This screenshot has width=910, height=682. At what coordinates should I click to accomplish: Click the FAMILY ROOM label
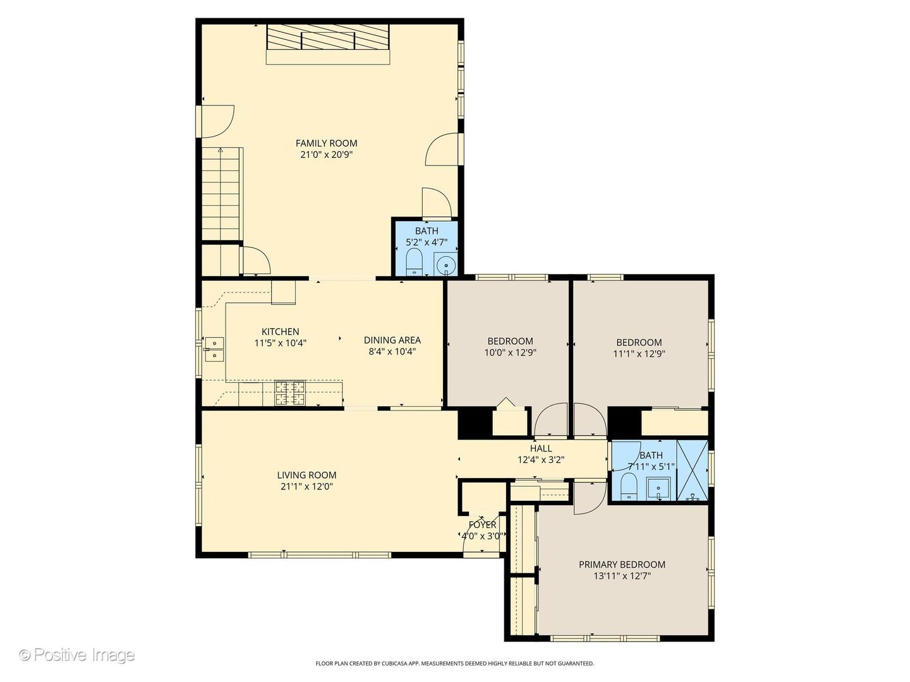326,143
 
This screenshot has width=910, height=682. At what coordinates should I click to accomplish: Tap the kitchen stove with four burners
290,393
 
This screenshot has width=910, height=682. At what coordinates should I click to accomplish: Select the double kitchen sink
214,349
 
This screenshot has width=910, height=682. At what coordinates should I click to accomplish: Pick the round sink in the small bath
446,264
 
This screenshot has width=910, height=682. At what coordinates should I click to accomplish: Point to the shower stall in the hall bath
692,470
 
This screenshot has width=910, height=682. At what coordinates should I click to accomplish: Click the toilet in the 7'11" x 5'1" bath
629,486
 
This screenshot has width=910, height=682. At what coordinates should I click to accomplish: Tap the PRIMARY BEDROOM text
622,565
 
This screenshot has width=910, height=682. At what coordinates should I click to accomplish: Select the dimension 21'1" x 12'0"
306,486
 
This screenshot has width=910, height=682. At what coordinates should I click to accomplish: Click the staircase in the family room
221,194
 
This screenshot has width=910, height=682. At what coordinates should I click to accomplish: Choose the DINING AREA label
392,340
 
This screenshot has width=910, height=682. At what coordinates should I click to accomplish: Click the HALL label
540,448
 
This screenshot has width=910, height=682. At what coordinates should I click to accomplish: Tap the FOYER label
482,525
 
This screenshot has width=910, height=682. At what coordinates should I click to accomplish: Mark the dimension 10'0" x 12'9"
510,353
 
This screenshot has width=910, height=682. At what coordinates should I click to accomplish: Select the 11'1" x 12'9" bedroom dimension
639,354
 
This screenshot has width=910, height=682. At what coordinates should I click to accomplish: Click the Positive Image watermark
77,655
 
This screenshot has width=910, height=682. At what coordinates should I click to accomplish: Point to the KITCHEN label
280,332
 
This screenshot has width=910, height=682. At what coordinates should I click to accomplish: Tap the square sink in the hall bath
658,489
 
